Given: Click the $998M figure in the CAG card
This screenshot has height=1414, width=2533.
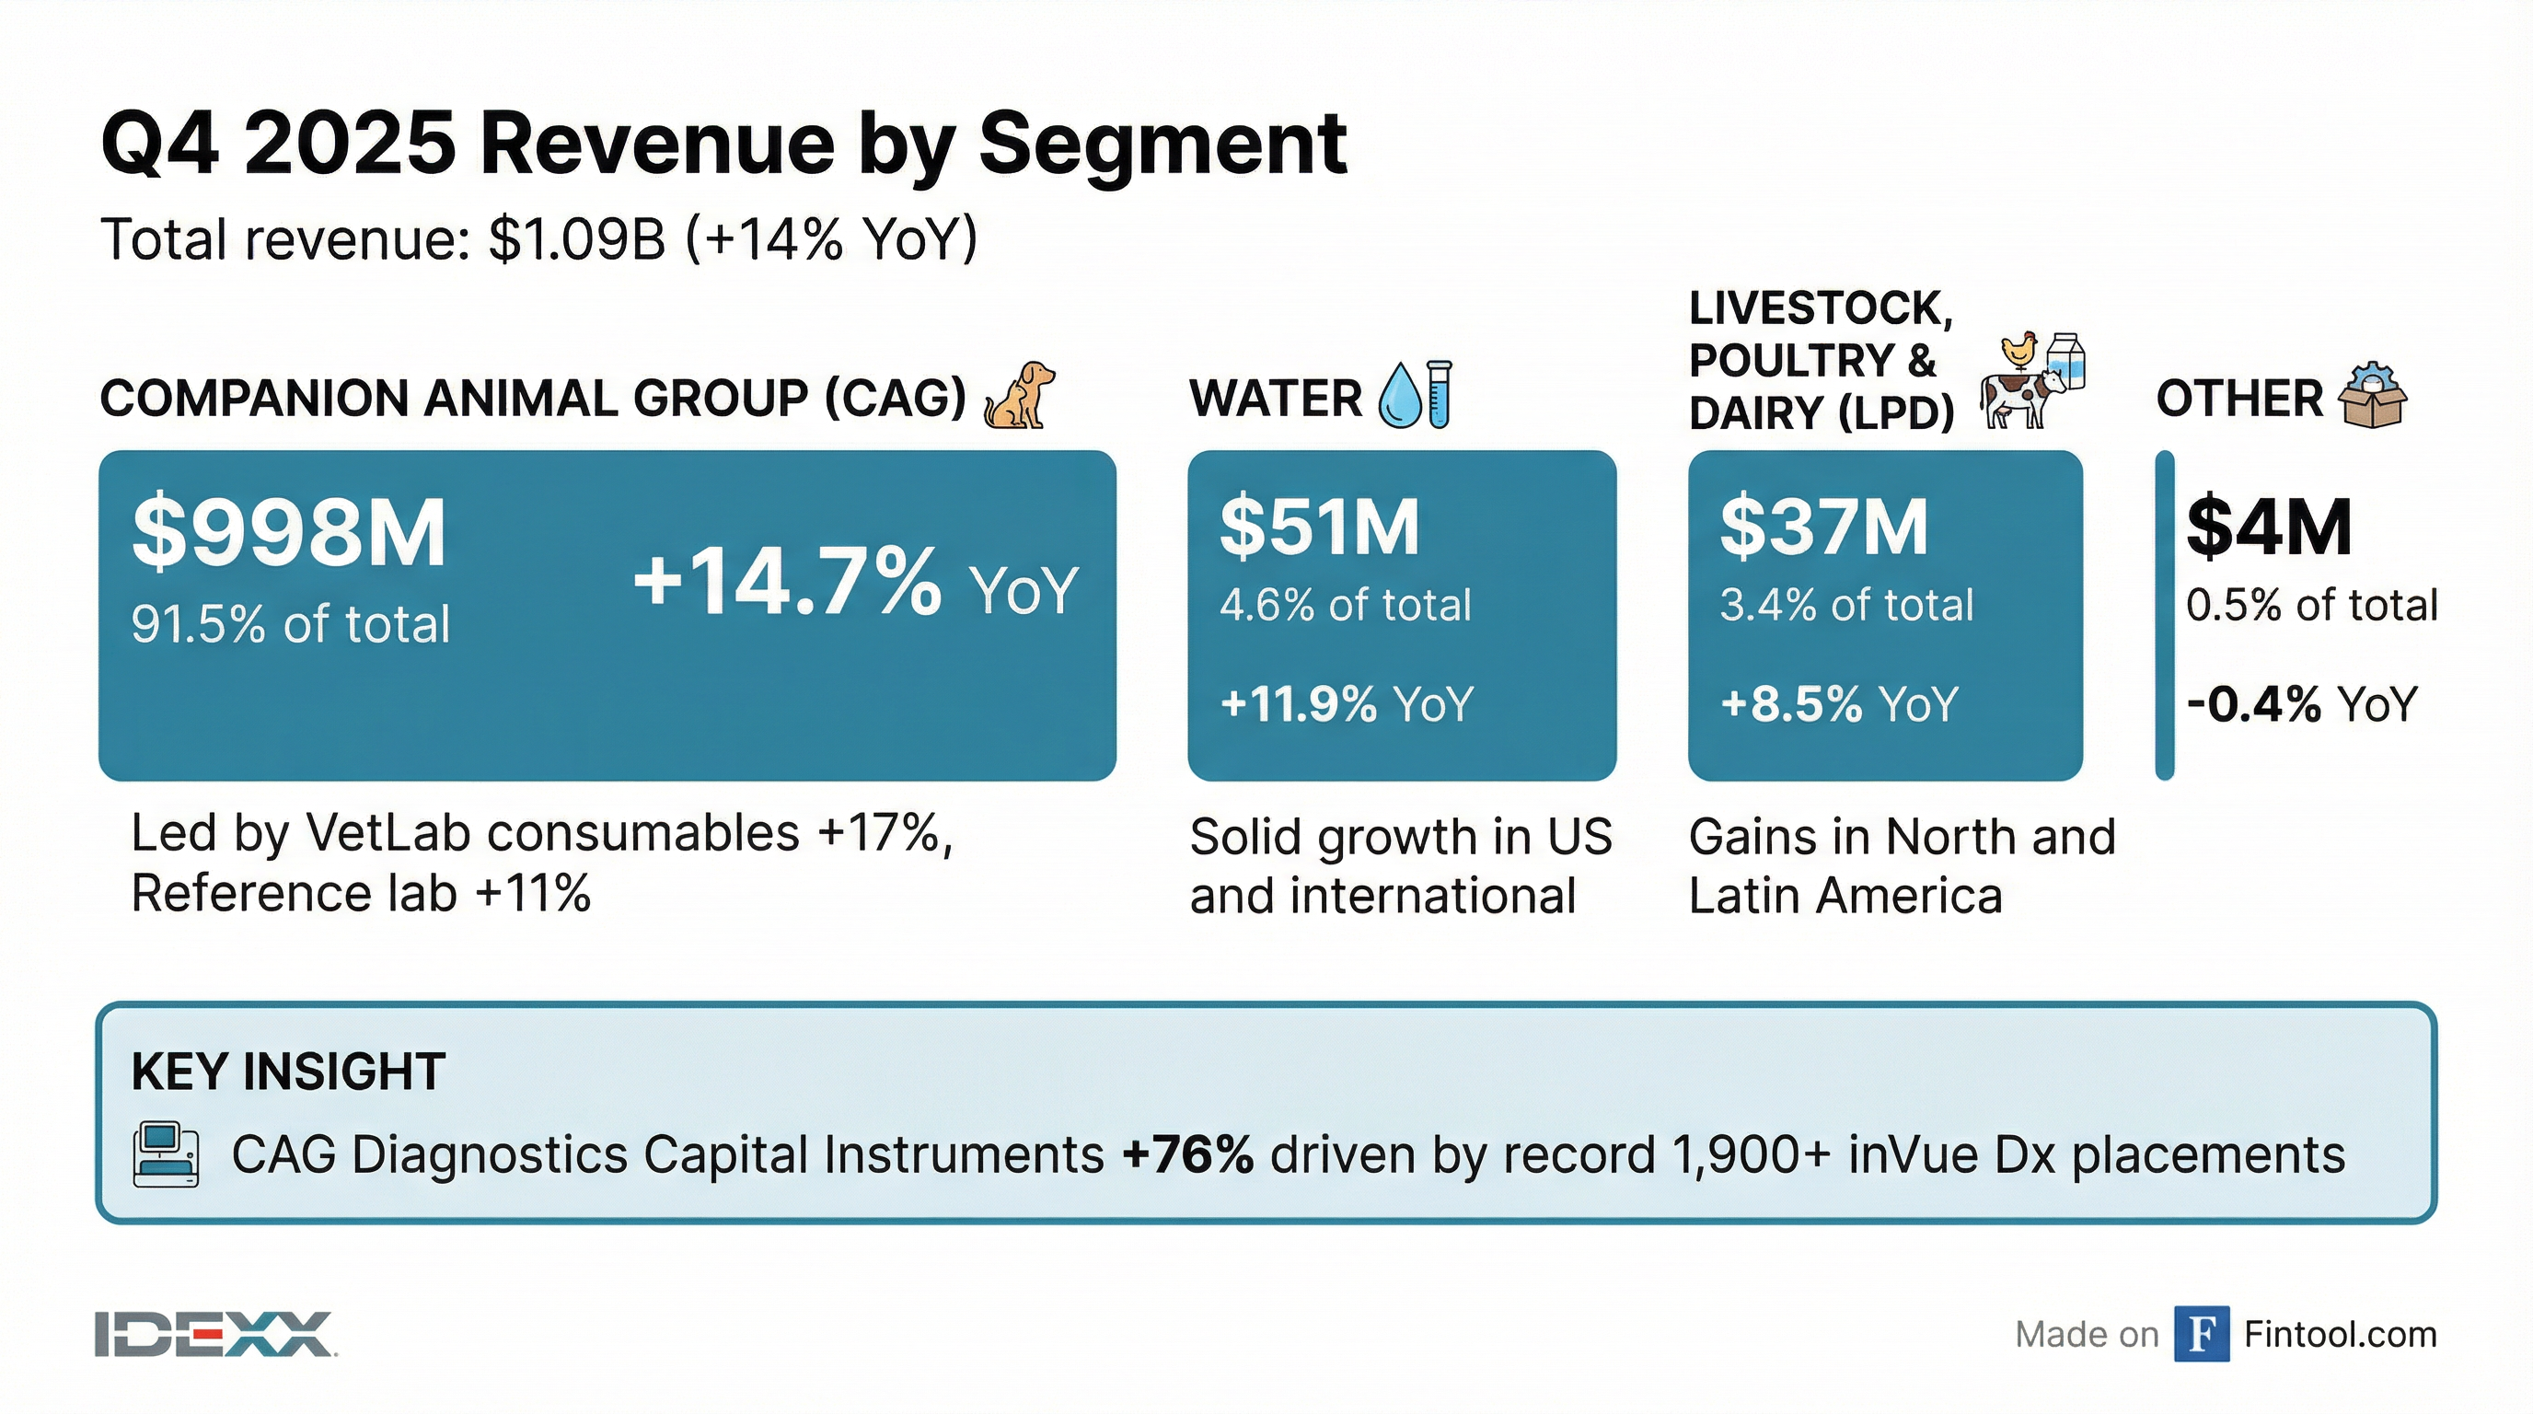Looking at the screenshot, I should pos(289,533).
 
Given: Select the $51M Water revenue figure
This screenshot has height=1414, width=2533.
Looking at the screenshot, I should pos(1320,528).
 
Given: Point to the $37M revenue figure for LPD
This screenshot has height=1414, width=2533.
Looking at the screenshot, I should pos(1823,528).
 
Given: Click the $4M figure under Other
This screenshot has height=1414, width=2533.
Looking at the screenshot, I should pos(2269,528).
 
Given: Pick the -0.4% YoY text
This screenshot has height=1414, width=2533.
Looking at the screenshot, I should pos(2301,704).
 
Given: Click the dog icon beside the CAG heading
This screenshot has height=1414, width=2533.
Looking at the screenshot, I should pos(1019,395).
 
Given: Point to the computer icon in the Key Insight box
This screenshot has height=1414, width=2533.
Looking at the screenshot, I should pos(165,1153).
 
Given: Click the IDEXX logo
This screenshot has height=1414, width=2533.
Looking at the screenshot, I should pos(214,1334).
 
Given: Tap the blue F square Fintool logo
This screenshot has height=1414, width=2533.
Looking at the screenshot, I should pos(2201,1333).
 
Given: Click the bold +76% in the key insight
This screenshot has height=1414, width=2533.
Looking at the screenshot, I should pos(1188,1154).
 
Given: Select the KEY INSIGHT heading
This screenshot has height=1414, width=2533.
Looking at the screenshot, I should pos(288,1071).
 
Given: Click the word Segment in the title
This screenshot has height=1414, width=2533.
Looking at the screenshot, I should pos(1162,145).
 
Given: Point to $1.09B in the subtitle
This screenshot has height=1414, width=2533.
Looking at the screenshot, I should pos(577,239).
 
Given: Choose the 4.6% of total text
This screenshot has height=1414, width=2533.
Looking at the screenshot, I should pos(1345,605).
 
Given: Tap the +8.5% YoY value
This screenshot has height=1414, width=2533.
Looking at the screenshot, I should pos(1838,704).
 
